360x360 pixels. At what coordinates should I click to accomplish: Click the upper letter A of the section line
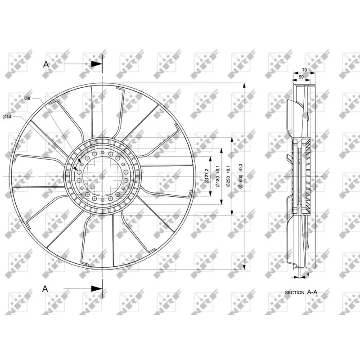coord(46,64)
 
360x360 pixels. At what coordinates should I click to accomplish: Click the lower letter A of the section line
coord(46,288)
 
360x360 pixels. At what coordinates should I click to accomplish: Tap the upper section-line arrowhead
coord(96,64)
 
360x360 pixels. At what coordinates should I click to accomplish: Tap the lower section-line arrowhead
coord(96,288)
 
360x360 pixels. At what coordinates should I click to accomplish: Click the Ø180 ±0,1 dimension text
coord(217,176)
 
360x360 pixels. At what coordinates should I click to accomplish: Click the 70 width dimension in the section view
coord(305,70)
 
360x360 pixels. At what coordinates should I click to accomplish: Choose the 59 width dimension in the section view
coord(301,77)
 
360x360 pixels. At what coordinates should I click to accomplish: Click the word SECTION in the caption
coord(295,293)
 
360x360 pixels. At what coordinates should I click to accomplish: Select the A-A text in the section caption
coord(312,292)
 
